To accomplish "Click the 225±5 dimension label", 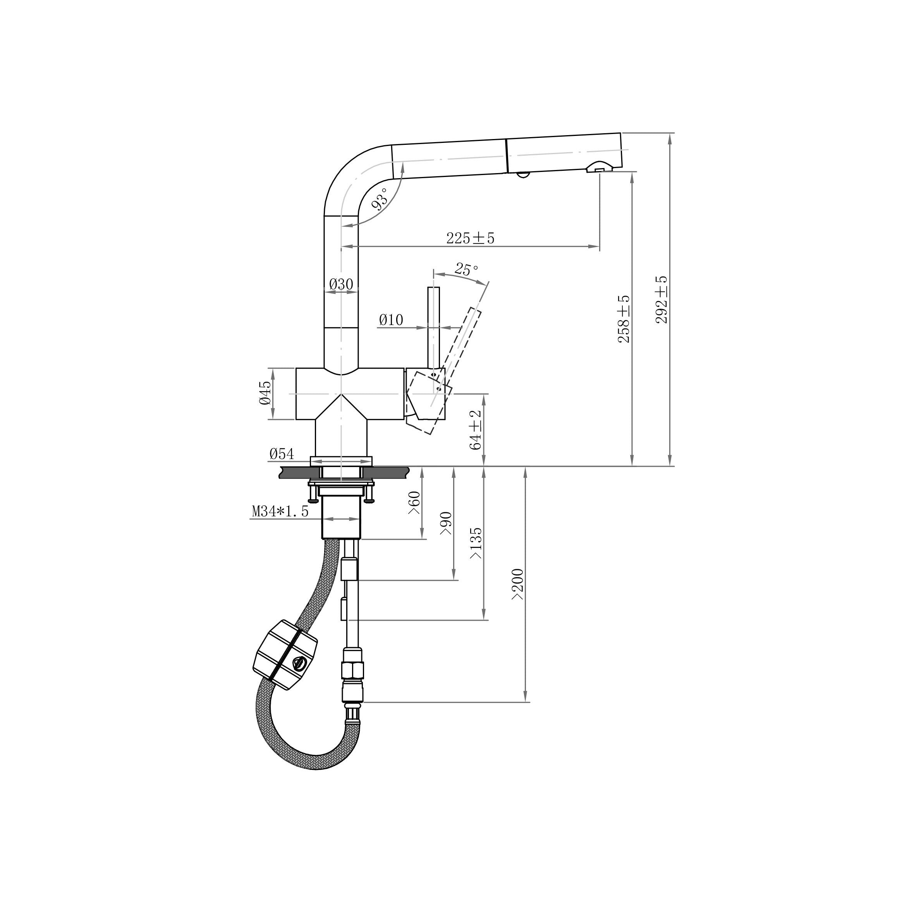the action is (x=471, y=239).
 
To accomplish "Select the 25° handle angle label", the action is (x=466, y=270).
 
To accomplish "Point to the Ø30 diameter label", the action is (x=341, y=284).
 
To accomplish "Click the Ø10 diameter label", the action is (x=391, y=320).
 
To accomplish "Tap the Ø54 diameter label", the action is (x=282, y=454).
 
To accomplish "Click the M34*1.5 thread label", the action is (x=280, y=511).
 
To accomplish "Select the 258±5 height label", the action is (x=624, y=319).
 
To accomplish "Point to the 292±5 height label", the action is (x=661, y=299).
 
